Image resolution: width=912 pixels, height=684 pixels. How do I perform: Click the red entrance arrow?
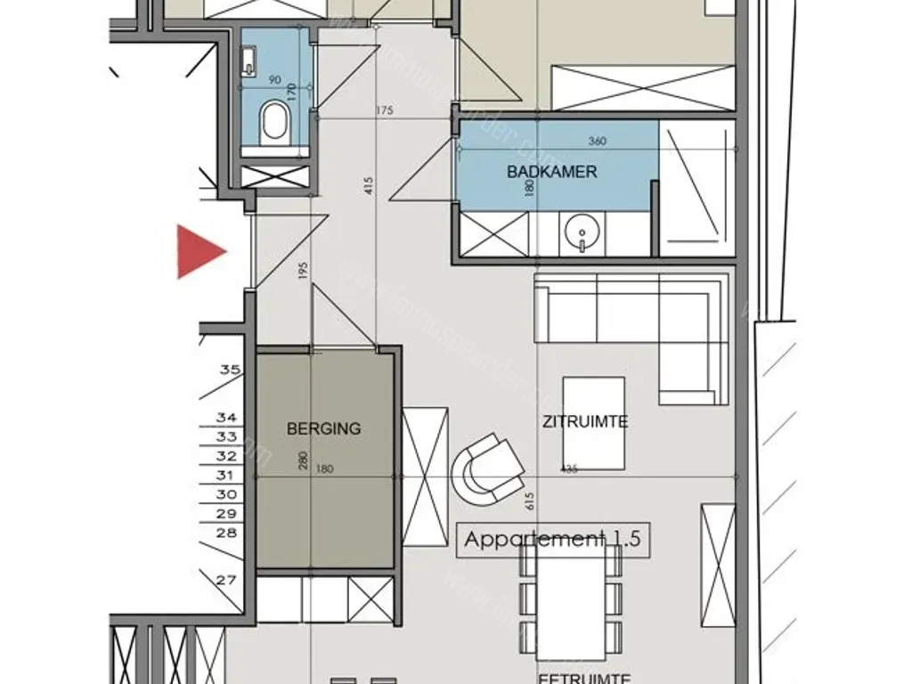point(199,251)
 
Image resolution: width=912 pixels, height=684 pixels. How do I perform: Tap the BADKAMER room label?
point(551,172)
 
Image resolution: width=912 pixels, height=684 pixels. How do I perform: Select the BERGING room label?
point(323,428)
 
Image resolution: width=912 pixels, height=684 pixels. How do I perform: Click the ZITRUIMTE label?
point(585,421)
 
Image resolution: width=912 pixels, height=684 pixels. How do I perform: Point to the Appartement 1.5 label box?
point(552,539)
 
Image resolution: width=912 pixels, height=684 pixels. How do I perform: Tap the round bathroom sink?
point(581,233)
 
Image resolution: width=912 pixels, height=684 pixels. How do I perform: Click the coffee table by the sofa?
point(593,422)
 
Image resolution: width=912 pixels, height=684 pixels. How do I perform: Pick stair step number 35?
point(230,369)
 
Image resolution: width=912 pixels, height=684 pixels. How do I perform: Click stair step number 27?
point(226,580)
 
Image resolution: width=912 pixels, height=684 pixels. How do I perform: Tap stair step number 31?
point(226,476)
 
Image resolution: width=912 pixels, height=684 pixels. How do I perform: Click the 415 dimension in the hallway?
point(369,185)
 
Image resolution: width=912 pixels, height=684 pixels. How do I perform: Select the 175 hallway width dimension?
point(385,110)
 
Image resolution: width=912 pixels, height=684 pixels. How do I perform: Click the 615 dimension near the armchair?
point(531,501)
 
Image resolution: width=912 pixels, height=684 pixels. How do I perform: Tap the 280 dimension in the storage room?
point(304,461)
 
